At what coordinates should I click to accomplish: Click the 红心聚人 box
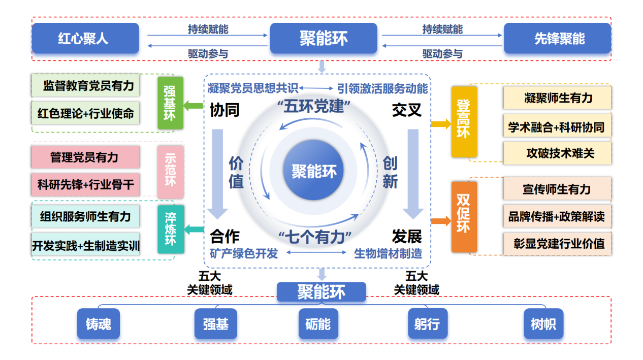(85, 38)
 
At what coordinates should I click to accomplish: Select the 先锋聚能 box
(557, 38)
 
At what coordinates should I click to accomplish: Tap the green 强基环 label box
(170, 102)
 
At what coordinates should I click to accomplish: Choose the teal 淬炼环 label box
(170, 229)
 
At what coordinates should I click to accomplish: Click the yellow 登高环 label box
(464, 122)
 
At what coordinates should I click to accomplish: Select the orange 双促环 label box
(464, 217)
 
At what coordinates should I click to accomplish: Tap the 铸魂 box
(99, 323)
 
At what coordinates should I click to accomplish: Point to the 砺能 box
(318, 323)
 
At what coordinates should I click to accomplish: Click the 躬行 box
(427, 323)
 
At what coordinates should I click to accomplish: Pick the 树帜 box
(543, 323)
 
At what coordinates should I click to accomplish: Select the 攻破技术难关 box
(557, 153)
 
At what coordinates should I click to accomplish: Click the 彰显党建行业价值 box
(557, 243)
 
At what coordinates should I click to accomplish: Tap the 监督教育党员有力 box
(85, 85)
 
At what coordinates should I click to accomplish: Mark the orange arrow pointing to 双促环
(440, 221)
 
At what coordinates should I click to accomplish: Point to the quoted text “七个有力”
(315, 237)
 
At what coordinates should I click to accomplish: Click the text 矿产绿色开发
(244, 253)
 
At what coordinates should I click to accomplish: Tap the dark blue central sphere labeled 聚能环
(314, 171)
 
